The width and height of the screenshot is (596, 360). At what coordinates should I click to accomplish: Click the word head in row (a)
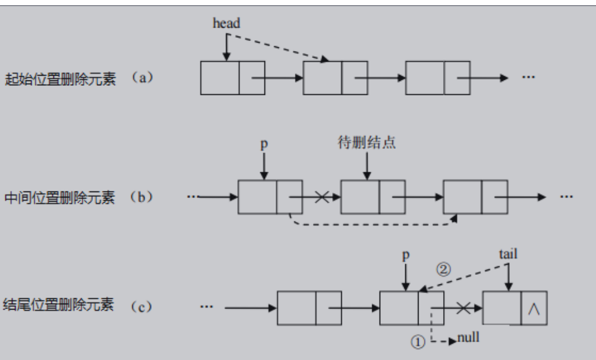pyautogui.click(x=226, y=23)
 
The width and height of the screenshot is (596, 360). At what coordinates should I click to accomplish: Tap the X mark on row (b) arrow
pyautogui.click(x=321, y=197)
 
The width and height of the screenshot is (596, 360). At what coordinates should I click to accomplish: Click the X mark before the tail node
pyautogui.click(x=462, y=308)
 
